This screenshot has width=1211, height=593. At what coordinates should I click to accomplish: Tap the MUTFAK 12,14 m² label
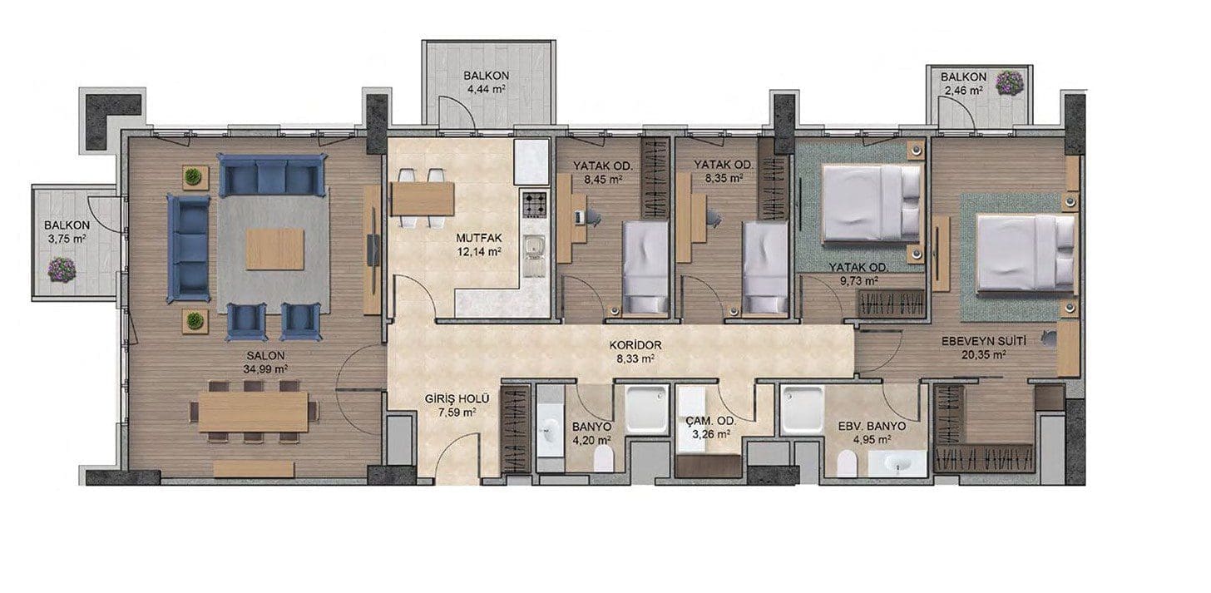[478, 245]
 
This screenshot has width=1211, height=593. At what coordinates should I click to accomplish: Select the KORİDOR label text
[635, 345]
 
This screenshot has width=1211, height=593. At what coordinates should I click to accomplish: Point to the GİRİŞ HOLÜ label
[457, 399]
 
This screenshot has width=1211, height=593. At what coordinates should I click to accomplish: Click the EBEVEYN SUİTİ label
[984, 342]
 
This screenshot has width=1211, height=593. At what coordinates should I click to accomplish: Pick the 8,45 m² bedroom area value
[603, 178]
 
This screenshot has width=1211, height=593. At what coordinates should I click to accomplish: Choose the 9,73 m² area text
[858, 280]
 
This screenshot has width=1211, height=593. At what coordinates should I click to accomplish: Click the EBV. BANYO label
[872, 427]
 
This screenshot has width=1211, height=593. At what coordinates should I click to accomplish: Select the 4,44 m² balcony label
[486, 89]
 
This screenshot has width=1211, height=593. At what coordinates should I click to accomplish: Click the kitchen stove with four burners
[535, 205]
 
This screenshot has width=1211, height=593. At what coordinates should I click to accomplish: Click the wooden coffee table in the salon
[275, 249]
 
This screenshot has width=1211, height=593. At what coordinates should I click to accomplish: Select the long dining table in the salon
[254, 412]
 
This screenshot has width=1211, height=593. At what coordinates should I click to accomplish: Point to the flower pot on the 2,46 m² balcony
[1010, 82]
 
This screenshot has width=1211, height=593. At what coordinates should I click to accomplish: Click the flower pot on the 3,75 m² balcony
[62, 269]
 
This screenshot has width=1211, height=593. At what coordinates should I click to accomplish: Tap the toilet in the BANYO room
[603, 460]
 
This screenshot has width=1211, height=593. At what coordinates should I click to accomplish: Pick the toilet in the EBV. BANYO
[847, 464]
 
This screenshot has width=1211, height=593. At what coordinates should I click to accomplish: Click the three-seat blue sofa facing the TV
[188, 248]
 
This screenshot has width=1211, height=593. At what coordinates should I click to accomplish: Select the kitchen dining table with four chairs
[422, 199]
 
